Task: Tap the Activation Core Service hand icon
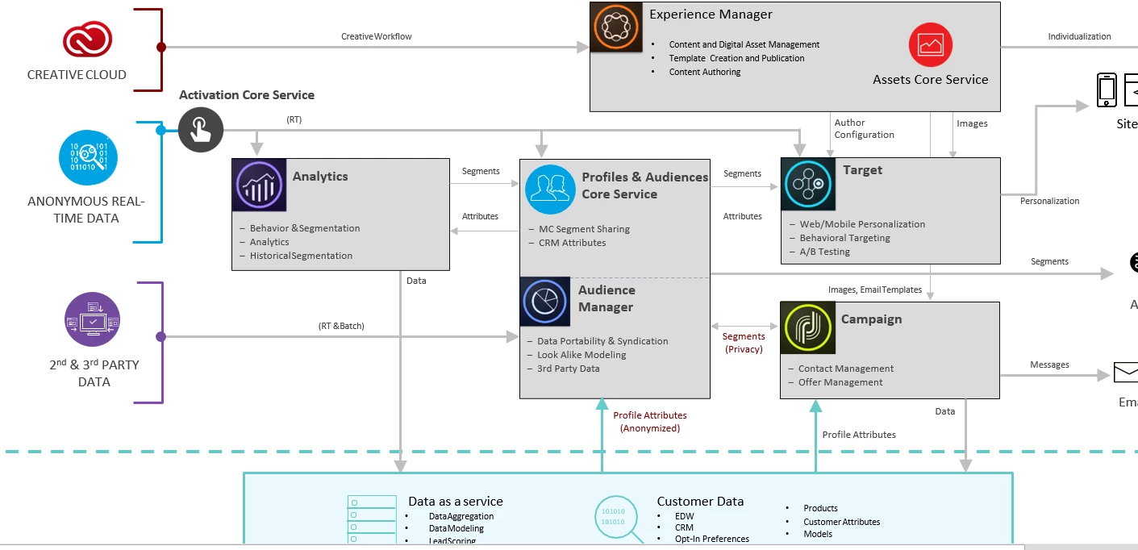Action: (x=201, y=129)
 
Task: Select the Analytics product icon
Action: (x=259, y=185)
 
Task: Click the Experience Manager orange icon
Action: (x=616, y=27)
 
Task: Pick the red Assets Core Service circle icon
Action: (x=931, y=44)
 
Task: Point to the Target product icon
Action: (x=808, y=184)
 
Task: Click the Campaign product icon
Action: (x=808, y=328)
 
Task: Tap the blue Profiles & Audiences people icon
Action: (x=550, y=190)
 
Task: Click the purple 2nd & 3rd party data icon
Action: (x=93, y=319)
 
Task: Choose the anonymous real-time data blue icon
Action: (x=88, y=158)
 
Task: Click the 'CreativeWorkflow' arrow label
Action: (x=377, y=36)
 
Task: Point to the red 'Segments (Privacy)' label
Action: (x=744, y=343)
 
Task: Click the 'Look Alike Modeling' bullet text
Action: (x=582, y=355)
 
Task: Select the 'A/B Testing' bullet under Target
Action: (x=824, y=252)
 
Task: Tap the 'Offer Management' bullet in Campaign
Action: (x=840, y=382)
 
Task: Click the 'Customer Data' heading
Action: (x=700, y=502)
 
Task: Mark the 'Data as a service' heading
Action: (x=456, y=502)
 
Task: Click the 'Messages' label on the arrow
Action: (x=1049, y=365)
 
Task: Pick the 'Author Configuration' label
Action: (x=865, y=129)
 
